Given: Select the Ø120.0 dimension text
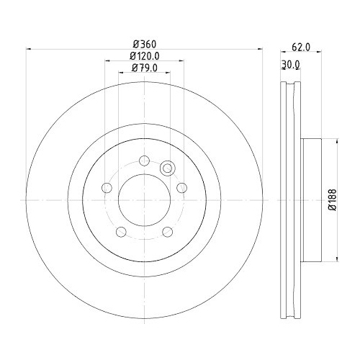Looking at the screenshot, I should (x=144, y=56).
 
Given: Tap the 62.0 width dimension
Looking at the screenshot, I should (x=301, y=48).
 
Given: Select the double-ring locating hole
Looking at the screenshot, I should (x=168, y=168).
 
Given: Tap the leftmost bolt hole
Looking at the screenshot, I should (x=107, y=189).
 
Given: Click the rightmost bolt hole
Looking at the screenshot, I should (x=181, y=189).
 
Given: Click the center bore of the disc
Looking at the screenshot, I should (x=144, y=198).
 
